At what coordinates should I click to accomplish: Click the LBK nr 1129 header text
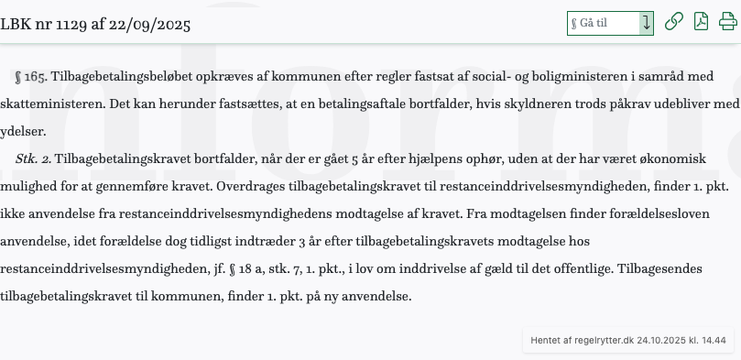95,23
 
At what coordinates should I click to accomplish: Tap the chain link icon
674,22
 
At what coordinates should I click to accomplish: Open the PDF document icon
701,22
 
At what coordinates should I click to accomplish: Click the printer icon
727,22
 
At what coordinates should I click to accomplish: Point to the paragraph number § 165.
33,77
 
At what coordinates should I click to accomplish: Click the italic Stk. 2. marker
34,159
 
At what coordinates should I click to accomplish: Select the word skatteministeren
49,104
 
